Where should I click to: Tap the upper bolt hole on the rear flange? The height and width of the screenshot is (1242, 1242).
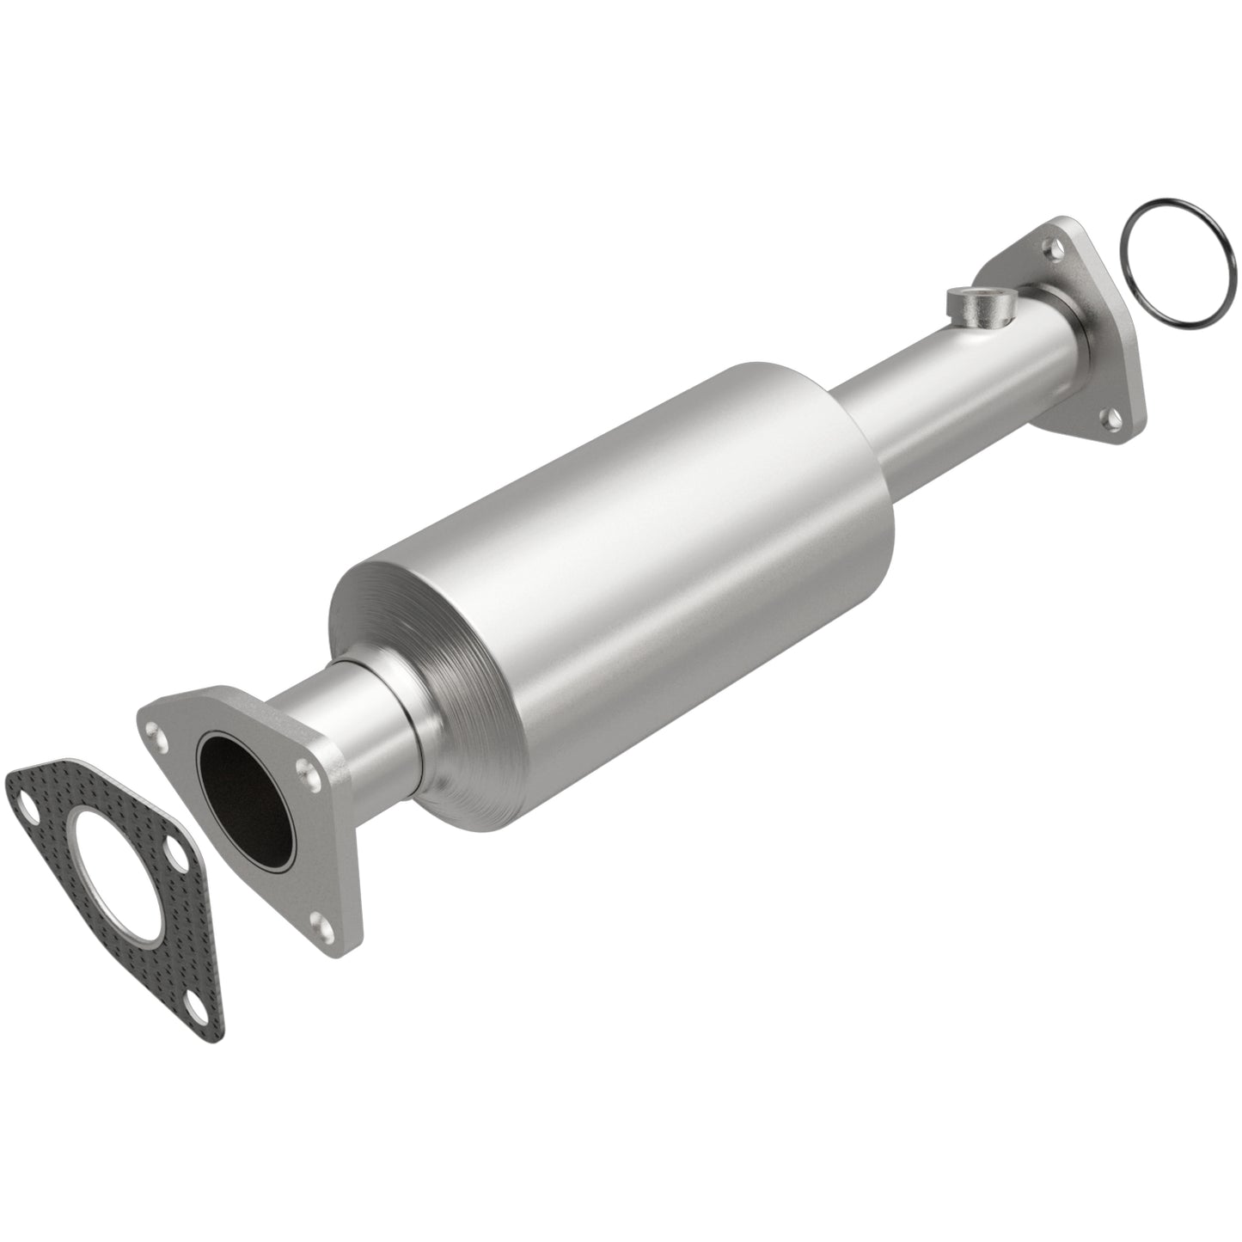point(1049,249)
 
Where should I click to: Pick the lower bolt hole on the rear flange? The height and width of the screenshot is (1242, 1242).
point(1113,421)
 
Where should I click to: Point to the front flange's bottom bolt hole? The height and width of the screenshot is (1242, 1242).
point(321,924)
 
